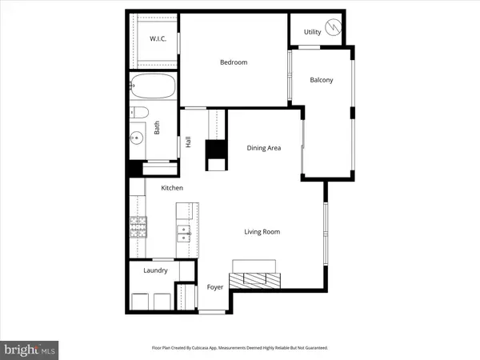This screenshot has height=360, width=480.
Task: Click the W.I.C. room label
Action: (x=158, y=39)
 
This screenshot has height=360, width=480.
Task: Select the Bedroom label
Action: (x=234, y=62)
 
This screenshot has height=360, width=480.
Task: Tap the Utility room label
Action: (x=312, y=32)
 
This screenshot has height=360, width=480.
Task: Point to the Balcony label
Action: (x=322, y=80)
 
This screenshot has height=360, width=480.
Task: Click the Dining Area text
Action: (x=263, y=147)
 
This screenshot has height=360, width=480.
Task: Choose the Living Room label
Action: (x=262, y=232)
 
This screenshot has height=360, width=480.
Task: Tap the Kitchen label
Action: (x=173, y=187)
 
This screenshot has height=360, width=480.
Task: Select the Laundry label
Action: (x=155, y=270)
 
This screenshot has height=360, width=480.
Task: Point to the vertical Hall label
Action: (x=189, y=142)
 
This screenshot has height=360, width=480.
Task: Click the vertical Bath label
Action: (x=157, y=127)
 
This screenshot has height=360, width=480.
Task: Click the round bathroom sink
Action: (x=138, y=138)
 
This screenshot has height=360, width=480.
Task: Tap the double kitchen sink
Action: (x=184, y=233)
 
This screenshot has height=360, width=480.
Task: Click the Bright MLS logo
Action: (x=30, y=349)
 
